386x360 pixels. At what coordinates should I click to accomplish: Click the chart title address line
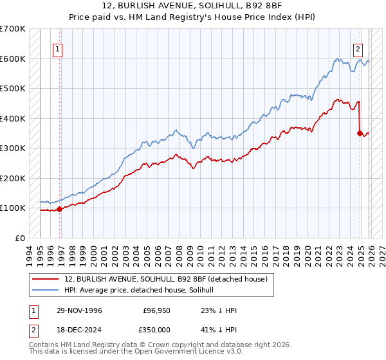(192, 6)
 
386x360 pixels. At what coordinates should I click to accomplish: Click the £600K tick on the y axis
(13, 59)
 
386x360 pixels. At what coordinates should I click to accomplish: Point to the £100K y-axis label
(13, 208)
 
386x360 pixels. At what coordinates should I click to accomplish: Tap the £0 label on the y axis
(20, 238)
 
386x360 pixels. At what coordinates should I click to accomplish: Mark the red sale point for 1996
(60, 209)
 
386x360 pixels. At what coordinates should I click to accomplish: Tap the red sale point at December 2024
(360, 133)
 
